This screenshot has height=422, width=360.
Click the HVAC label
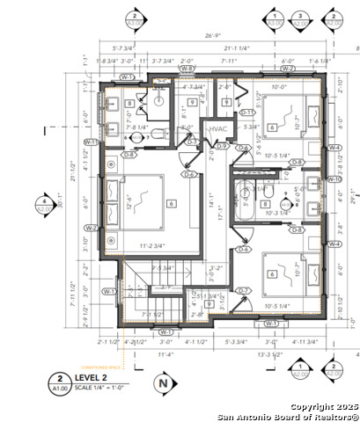(217, 129)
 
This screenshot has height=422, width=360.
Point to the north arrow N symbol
(161, 382)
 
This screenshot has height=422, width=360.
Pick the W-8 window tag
(187, 68)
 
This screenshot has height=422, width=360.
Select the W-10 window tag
(334, 179)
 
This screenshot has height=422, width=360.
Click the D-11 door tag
(247, 113)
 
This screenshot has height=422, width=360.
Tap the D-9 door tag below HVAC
(222, 146)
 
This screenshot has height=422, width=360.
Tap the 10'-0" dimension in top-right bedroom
(279, 88)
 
